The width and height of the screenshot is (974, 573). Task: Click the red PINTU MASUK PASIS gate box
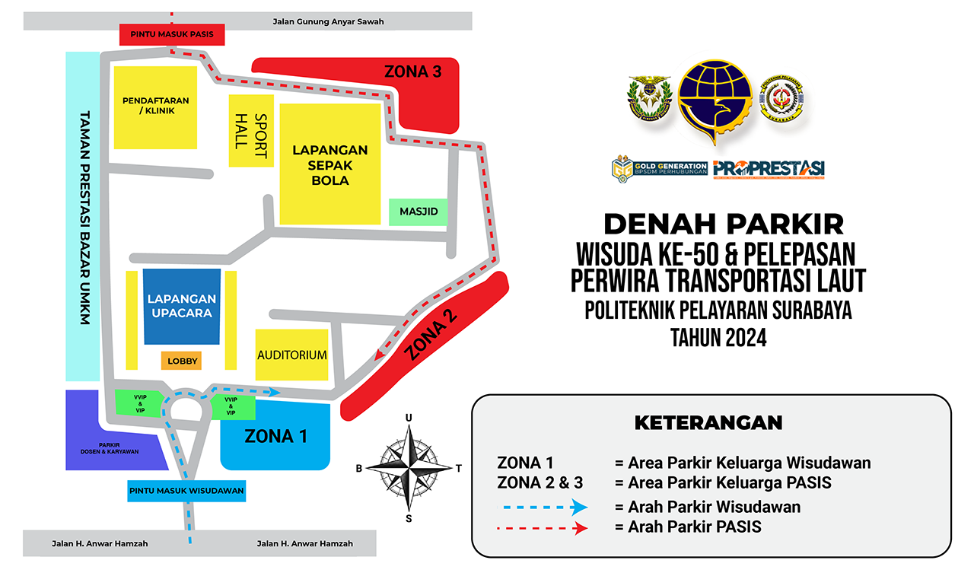tap(171, 34)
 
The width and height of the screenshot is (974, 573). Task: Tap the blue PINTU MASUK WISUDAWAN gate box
tap(186, 491)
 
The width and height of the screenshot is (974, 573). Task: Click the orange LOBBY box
tap(181, 361)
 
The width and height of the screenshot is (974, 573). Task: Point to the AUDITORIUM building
tap(291, 355)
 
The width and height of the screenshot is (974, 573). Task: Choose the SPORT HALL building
tap(250, 131)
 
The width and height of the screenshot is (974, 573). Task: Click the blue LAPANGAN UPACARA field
tap(182, 306)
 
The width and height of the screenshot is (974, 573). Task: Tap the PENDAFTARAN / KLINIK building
tap(155, 107)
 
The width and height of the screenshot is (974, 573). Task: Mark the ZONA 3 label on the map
tap(412, 72)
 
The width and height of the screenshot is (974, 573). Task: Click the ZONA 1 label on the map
tap(275, 436)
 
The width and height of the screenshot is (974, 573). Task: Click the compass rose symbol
tap(409, 467)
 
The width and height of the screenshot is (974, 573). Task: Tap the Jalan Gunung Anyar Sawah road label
tap(328, 21)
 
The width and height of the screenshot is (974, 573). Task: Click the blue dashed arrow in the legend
tap(542, 507)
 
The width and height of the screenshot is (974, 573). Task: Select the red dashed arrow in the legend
tap(542, 527)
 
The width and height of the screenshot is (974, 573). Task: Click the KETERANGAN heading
tap(708, 422)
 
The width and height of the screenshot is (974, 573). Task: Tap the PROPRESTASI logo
tap(769, 169)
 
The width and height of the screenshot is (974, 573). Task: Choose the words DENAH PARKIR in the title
tap(723, 224)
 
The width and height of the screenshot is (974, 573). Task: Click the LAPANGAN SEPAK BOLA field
tap(329, 165)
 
